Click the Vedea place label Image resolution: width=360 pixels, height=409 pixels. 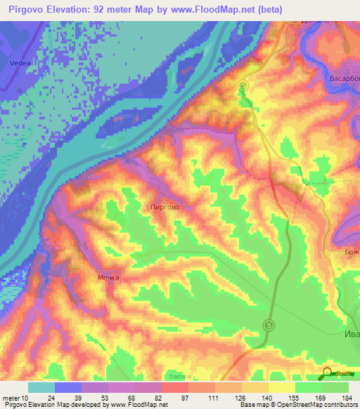pos(20,63)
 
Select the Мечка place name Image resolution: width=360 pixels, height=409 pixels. pos(108,278)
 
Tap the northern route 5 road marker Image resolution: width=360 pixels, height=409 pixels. pos(243,86)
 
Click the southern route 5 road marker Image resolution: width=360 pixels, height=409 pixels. pos(269,325)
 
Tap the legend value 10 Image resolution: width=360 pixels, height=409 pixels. pos(25,397)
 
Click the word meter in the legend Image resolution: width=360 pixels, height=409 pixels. pos(10,397)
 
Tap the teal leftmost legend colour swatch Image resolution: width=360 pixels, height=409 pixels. pos(41,387)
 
